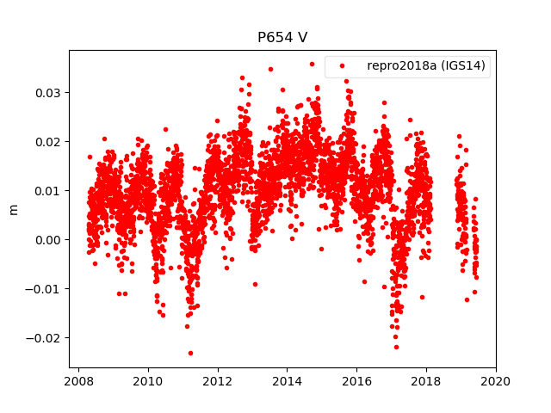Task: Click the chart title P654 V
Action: click(x=282, y=38)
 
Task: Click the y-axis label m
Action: click(x=13, y=209)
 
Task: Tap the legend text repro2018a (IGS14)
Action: click(x=428, y=65)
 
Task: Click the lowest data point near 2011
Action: click(x=190, y=353)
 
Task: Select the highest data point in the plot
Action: click(x=312, y=64)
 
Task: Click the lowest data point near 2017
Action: click(x=396, y=347)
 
